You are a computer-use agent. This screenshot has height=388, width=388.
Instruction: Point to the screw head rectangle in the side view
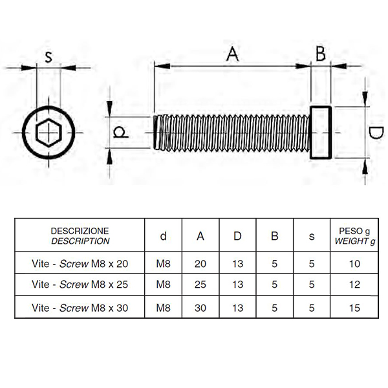click(310, 133)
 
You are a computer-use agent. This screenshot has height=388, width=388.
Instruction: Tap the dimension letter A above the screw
click(232, 54)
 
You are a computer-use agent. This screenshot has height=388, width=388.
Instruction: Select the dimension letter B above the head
click(321, 54)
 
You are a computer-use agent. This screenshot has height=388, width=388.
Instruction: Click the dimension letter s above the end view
click(48, 57)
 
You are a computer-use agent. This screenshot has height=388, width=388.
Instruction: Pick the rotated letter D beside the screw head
click(375, 133)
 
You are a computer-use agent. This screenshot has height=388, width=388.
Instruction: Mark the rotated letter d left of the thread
click(120, 132)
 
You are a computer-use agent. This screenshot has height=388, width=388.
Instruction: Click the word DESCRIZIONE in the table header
click(80, 231)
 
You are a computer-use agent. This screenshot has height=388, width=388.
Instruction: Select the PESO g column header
click(354, 231)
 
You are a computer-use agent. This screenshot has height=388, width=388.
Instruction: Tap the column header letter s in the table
click(312, 236)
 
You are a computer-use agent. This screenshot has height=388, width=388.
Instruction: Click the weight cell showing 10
click(354, 264)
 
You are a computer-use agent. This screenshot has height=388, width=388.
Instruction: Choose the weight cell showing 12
click(354, 285)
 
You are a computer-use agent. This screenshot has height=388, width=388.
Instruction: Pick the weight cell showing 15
click(354, 308)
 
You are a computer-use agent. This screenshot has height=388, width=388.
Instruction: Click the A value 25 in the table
click(200, 285)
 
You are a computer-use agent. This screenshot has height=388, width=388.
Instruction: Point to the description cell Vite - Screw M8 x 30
click(80, 308)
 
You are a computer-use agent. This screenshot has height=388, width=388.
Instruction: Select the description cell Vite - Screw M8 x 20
click(80, 264)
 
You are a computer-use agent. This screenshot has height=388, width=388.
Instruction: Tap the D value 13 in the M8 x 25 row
click(237, 285)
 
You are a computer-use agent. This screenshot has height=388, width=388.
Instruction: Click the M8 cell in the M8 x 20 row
click(164, 264)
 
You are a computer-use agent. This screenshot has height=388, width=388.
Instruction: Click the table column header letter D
click(237, 236)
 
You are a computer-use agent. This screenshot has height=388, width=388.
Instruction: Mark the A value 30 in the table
click(200, 308)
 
